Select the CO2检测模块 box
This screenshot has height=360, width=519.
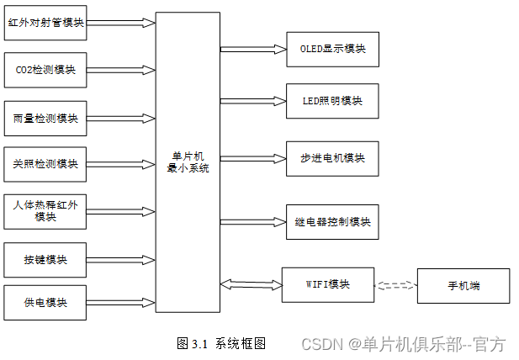point(46,69)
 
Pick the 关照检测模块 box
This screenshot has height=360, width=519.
point(46,163)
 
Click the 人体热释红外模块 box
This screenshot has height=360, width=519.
point(46,210)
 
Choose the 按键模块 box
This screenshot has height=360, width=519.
point(46,258)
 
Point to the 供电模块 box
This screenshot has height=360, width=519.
point(46,302)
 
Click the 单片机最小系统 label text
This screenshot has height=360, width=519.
point(188,161)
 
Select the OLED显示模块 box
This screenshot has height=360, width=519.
point(332,49)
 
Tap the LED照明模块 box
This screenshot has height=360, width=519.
point(332,101)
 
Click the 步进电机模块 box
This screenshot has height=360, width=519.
point(332,158)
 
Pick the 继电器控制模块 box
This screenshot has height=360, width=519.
point(332,221)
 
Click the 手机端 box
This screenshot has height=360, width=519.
point(463,286)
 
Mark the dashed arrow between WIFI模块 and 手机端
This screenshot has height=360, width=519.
point(395,286)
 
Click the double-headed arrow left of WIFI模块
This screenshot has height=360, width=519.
point(250,283)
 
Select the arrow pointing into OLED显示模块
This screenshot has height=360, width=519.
point(253,49)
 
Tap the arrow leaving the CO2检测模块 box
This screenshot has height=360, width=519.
point(121,69)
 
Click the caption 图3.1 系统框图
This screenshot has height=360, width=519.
point(221,343)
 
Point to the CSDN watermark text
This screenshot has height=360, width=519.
point(403,344)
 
